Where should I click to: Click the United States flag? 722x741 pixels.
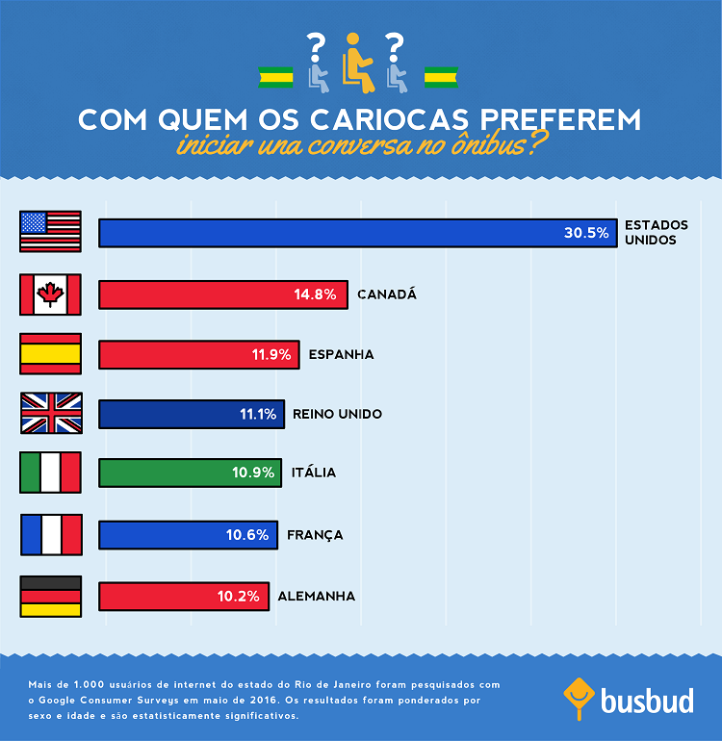click(51, 232)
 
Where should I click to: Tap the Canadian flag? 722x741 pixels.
click(51, 294)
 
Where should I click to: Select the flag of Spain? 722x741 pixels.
click(51, 354)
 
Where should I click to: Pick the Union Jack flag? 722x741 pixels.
click(51, 414)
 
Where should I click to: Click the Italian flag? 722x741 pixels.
click(51, 473)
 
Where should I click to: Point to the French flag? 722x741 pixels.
click(51, 534)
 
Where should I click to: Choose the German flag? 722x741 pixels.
click(51, 596)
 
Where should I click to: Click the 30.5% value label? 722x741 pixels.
click(586, 233)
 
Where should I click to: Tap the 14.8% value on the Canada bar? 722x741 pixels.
click(315, 294)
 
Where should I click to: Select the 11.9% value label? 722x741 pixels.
click(271, 354)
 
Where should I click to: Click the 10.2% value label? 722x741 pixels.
click(238, 596)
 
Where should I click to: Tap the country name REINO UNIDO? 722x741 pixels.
click(337, 414)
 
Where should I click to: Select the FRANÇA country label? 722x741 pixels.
click(315, 534)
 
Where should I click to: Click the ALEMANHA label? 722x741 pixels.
click(316, 596)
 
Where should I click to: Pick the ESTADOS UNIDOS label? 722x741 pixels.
click(657, 232)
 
